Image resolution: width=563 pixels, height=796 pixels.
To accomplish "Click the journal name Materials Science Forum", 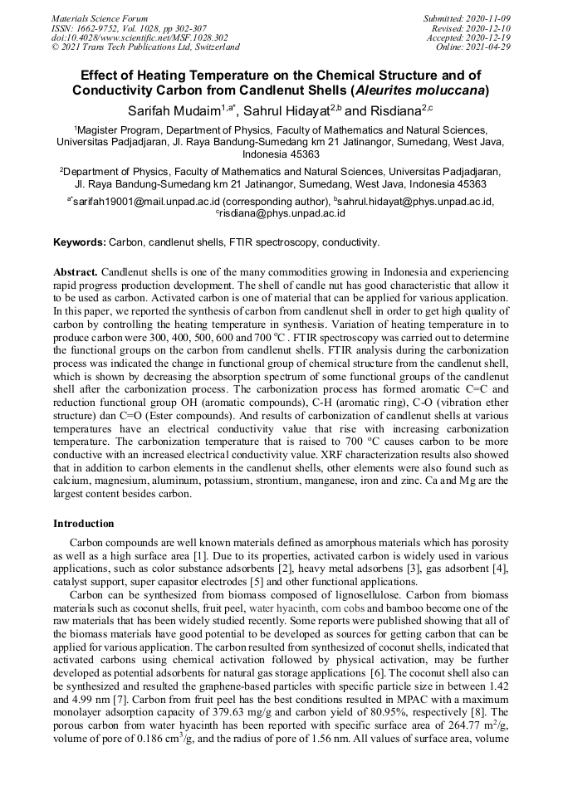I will tap(100, 17).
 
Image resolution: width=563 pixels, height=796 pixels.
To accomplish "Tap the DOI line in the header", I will tap(139, 37).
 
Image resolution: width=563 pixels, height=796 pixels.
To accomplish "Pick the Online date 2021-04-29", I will tap(490, 47).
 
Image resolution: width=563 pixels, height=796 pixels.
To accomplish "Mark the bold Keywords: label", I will tap(80, 242).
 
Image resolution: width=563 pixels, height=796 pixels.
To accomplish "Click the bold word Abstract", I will tap(76, 271).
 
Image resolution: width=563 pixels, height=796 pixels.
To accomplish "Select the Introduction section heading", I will tap(83, 524).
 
